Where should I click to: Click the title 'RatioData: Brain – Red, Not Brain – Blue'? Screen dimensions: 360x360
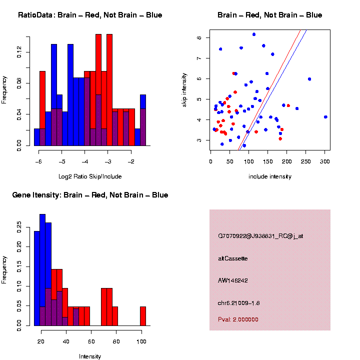coord(90,15)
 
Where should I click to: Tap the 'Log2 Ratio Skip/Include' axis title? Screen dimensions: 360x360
coord(90,176)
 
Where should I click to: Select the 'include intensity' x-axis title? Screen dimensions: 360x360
coord(270,176)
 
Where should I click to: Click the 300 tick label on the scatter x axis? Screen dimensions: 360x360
coord(325,161)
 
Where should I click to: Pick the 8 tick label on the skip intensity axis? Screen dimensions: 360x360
coord(199,37)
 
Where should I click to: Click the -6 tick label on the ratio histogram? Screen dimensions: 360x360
coord(39,162)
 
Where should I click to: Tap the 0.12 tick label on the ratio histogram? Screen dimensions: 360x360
coord(19,52)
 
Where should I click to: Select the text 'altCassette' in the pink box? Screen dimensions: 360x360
coord(232,258)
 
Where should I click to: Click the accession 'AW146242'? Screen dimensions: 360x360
coord(233,280)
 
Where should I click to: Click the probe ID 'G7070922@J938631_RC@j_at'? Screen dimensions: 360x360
coord(260,236)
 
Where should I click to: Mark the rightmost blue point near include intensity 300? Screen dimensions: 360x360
coord(325,117)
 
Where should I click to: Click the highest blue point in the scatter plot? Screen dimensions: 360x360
coord(254,34)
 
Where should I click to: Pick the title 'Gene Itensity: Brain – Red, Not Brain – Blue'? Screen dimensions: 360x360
coord(90,195)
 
